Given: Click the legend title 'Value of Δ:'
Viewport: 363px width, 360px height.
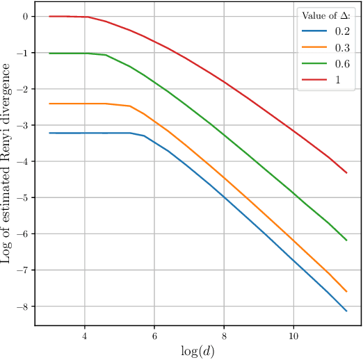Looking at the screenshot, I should (325, 15).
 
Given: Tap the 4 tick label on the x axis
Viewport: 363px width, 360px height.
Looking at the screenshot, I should (85, 334).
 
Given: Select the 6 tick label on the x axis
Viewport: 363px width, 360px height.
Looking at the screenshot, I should (154, 334).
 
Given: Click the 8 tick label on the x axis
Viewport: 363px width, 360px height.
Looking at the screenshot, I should (224, 334).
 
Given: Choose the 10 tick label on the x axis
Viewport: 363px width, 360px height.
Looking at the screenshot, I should (293, 334).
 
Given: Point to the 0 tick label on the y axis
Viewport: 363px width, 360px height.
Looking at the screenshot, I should (25, 17).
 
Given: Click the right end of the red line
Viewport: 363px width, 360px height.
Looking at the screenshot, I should (346, 172).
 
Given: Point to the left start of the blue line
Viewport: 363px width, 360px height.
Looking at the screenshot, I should (50, 133).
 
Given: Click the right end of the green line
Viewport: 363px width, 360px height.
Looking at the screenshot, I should (346, 240).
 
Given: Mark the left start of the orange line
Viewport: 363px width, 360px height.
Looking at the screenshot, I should (50, 104).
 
